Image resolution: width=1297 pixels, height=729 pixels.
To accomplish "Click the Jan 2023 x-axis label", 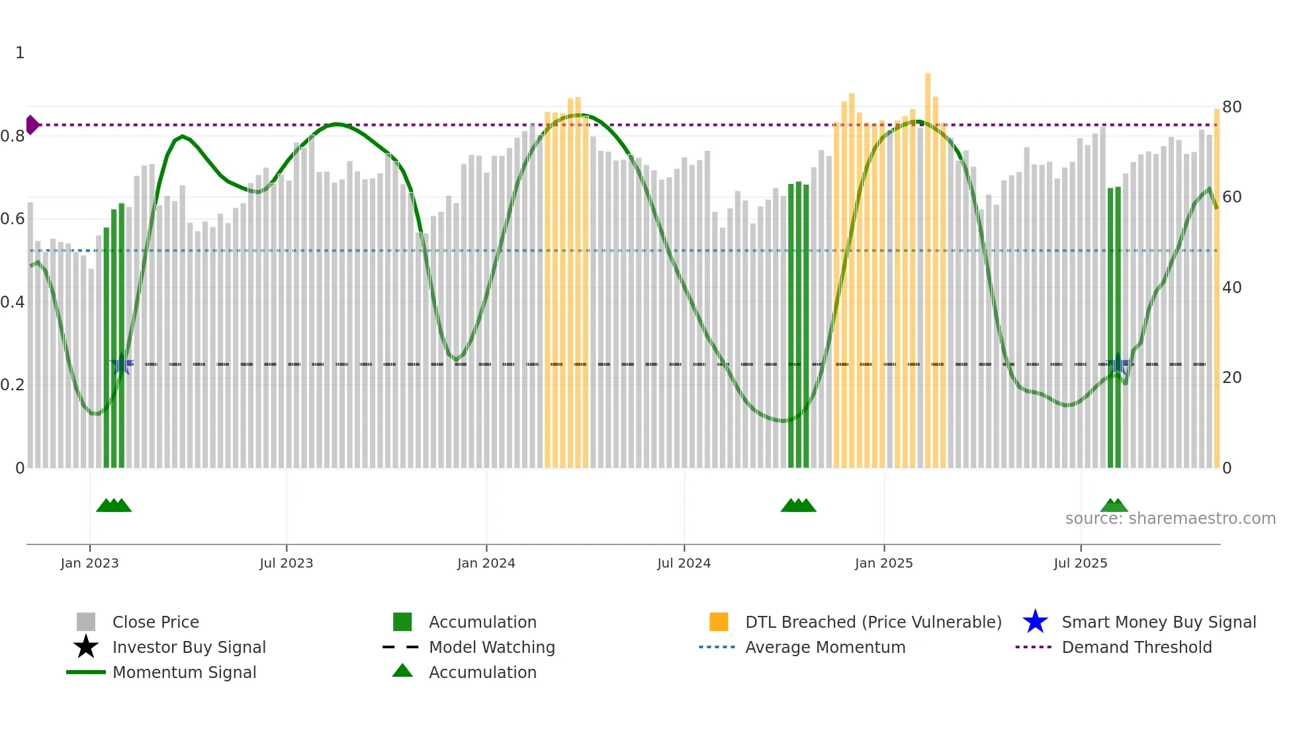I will (x=89, y=563).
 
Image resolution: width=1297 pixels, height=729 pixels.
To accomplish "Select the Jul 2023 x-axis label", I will (x=286, y=563).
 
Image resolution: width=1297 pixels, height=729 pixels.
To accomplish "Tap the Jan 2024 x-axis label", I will (x=486, y=563).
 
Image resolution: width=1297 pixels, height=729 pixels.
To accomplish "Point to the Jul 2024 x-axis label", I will (x=684, y=563).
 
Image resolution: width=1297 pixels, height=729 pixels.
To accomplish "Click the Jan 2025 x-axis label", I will (x=883, y=563).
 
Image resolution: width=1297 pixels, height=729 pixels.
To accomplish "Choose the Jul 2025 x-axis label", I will (x=1080, y=563).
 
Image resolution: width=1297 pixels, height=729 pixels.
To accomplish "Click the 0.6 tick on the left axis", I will (x=13, y=219).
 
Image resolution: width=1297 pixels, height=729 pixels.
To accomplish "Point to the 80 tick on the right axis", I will (x=1231, y=107).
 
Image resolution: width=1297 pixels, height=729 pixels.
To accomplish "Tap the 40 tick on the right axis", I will (x=1231, y=288).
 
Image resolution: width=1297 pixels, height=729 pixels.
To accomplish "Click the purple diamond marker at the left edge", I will (x=32, y=124).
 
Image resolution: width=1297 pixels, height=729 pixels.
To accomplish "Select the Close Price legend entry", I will (x=156, y=622).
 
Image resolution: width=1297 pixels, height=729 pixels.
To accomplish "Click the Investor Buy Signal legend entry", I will (x=189, y=647).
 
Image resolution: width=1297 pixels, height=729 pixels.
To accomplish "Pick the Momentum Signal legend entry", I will (x=184, y=672).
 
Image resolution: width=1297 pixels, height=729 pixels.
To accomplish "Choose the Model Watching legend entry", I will (x=492, y=647).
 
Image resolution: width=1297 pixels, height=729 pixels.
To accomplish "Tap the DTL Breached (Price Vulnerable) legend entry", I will (x=873, y=622).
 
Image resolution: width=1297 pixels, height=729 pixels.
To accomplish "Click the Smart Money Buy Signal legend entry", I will (x=1158, y=622).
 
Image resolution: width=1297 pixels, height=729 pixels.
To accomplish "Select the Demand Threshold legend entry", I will (x=1136, y=647).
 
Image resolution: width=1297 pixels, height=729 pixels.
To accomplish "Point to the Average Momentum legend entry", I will (x=825, y=647).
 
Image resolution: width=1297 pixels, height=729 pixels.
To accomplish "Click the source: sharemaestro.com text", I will (x=1170, y=519).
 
